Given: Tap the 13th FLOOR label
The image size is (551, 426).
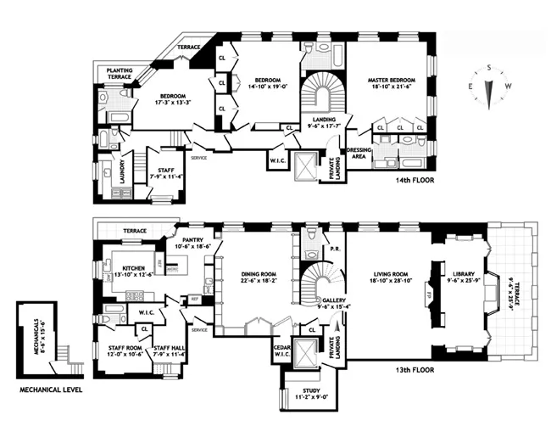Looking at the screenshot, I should coord(415,371).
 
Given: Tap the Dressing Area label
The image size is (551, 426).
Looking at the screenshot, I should coord(357,154).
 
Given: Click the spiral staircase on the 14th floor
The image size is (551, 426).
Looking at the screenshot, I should coord(320,92).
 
